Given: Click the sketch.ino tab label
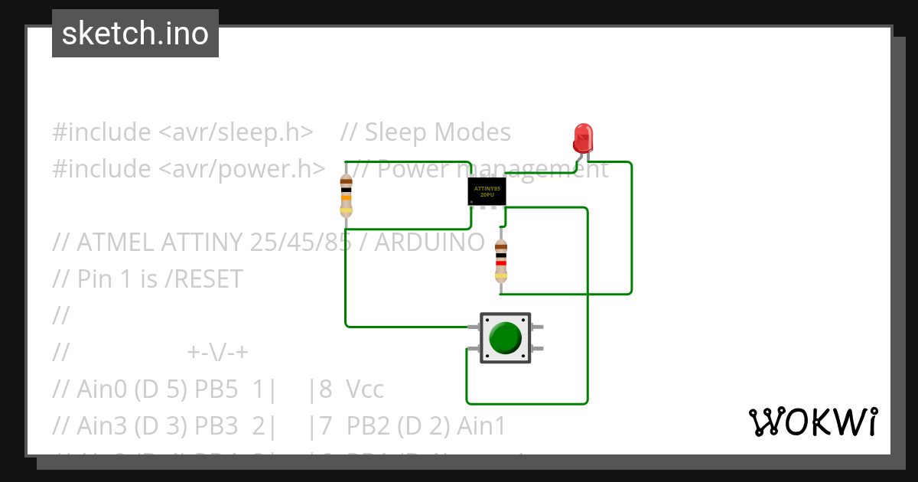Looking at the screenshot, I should (135, 34).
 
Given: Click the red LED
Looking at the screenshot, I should (583, 138).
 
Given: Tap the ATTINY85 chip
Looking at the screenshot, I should (487, 191).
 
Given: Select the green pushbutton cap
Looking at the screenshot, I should (505, 337).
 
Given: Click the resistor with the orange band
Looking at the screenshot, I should (346, 196).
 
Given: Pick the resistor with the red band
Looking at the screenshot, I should (501, 262).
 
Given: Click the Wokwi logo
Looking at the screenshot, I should (812, 422).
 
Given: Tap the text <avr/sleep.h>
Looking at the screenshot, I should (236, 132).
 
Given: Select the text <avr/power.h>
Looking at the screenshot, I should (242, 168).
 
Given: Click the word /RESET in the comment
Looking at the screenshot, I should (203, 279).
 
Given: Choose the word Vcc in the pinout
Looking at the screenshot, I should (365, 390).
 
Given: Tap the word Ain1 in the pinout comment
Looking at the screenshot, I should (481, 426).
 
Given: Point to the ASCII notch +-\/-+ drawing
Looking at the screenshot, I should (218, 353).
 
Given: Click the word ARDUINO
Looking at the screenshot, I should (429, 243).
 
